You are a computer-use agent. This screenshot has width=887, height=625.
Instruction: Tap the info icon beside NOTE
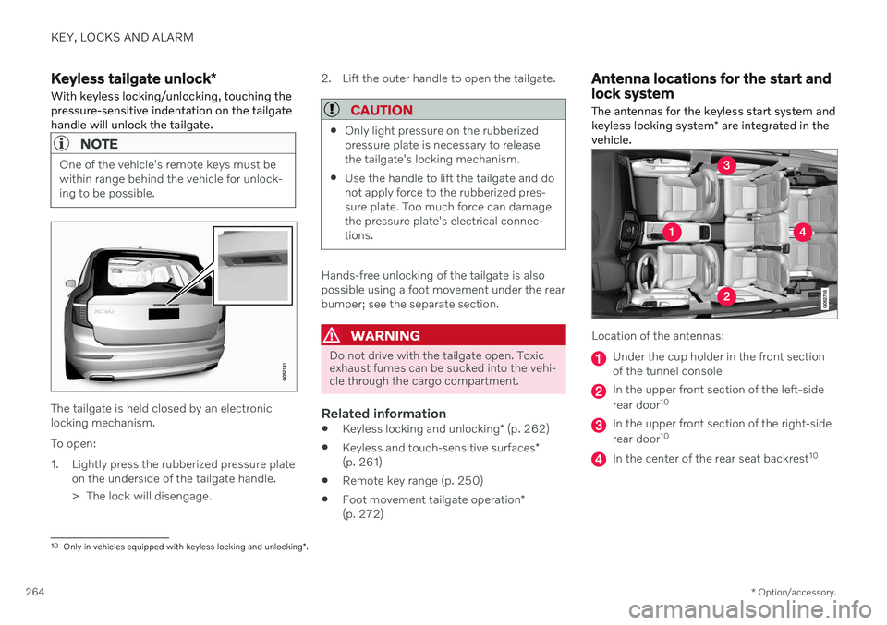61,144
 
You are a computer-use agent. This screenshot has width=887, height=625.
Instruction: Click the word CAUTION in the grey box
382,110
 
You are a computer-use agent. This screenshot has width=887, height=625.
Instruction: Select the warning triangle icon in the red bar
331,335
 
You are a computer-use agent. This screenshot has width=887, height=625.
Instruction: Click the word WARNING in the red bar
385,336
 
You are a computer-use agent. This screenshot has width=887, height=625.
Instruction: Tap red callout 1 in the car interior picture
672,232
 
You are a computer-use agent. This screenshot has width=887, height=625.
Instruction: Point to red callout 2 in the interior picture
726,295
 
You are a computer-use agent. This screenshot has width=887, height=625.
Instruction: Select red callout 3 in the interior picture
726,165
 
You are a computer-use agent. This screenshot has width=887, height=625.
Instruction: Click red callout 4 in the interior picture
802,232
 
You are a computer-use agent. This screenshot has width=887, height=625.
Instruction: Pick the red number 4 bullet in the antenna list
599,459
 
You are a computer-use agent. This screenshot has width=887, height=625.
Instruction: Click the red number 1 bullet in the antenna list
599,358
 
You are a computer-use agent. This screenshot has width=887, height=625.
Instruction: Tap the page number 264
35,592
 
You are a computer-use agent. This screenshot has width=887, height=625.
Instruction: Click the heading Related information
383,414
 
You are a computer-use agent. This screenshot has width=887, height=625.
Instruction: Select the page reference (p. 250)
462,481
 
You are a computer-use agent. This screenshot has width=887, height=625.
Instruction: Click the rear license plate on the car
164,313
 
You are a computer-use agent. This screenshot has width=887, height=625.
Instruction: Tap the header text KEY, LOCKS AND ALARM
122,37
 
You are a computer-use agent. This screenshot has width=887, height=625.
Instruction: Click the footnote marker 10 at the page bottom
55,546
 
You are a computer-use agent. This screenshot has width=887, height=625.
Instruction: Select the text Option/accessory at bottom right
796,592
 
